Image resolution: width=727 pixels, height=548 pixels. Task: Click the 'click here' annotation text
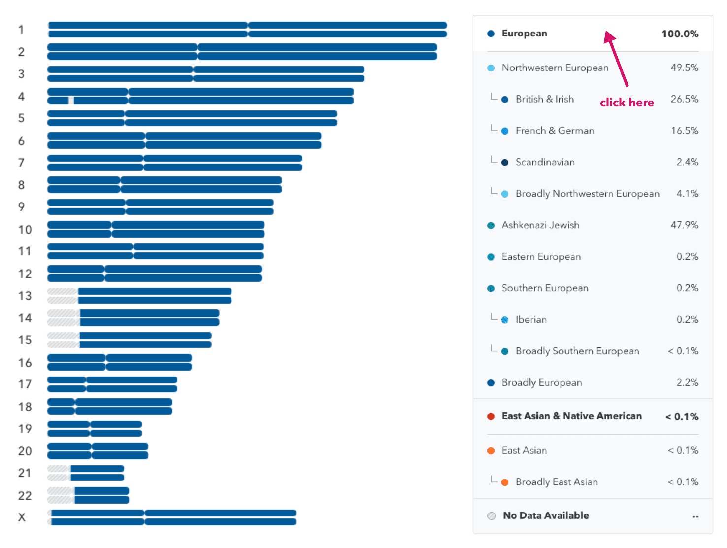click(627, 103)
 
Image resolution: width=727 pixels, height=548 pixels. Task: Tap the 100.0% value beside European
click(680, 34)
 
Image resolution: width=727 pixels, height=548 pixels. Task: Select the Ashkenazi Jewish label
click(540, 225)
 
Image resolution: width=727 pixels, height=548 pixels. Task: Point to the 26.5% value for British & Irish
click(684, 99)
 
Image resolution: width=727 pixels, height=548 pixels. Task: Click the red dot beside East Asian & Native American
click(491, 416)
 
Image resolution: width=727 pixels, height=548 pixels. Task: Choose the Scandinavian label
click(545, 162)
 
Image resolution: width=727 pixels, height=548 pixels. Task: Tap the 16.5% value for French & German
click(684, 131)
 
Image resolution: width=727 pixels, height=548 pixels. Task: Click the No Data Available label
click(546, 515)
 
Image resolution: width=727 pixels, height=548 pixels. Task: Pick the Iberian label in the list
click(531, 320)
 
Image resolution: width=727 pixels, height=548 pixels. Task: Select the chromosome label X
click(22, 517)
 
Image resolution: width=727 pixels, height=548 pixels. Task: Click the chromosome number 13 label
click(25, 296)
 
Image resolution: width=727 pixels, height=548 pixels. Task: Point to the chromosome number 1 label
click(21, 30)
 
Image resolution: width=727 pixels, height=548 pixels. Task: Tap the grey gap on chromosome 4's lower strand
click(71, 101)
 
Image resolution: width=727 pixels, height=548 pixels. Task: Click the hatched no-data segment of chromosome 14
click(63, 318)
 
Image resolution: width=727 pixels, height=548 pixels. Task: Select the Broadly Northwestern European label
click(587, 194)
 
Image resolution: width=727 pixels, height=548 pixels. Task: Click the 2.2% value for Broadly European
click(687, 383)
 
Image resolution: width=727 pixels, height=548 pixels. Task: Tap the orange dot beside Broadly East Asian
click(505, 482)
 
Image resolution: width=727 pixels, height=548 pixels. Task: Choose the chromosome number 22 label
click(25, 495)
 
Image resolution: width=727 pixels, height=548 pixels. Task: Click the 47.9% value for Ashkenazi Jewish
click(684, 225)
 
